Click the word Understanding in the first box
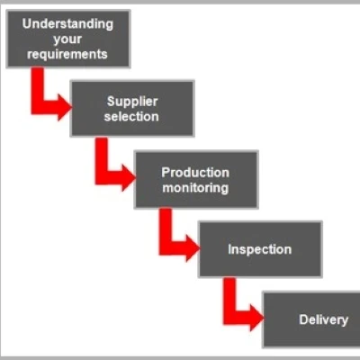67,24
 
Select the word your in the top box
67,40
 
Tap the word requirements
67,54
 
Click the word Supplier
132,102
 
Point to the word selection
131,116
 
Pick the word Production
195,173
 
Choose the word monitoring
195,188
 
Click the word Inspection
259,249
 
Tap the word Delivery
324,319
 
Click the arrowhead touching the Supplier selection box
64,107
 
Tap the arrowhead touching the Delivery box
256,318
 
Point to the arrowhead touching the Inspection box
193,248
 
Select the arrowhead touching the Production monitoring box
128,178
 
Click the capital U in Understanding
27,24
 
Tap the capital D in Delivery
303,319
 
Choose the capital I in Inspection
229,249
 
